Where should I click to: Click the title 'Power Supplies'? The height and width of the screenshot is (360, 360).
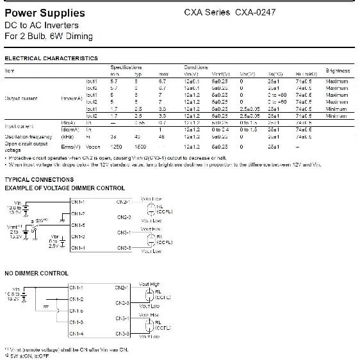point(44,13)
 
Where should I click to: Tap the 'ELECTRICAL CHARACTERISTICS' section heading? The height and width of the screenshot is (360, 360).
point(51,58)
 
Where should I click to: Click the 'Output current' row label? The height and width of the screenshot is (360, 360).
point(21,99)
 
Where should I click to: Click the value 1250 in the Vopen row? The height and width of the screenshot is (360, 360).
point(116,147)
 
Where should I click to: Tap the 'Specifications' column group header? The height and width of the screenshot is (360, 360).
point(126,67)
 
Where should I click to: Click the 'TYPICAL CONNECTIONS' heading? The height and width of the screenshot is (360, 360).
point(39,180)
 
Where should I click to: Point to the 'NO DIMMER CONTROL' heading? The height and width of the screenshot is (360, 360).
point(36,274)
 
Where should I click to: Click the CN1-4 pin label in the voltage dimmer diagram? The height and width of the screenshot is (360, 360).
point(78,248)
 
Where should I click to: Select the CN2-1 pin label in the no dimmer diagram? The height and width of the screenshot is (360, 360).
point(123,288)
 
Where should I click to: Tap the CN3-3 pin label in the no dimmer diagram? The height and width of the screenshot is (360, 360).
point(123,334)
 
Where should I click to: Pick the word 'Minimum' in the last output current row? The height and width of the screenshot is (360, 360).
point(336,116)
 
